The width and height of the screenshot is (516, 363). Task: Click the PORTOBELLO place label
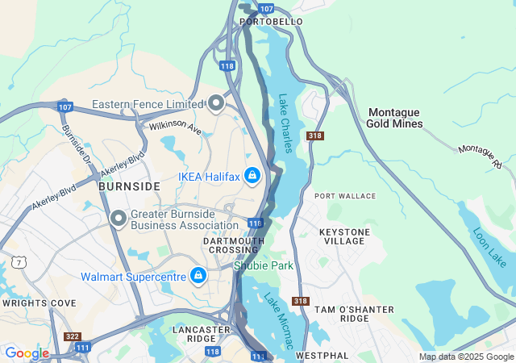point(271,21)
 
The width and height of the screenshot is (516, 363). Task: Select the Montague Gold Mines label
point(394,118)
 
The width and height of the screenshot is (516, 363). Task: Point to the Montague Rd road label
point(480,156)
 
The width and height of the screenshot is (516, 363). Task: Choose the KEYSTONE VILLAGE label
point(345,237)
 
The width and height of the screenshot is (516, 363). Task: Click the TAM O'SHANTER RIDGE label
point(354,315)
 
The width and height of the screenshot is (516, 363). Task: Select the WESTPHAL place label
point(322,355)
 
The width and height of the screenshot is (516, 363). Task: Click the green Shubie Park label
point(264,265)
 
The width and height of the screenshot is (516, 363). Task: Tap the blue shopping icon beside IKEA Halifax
point(252,175)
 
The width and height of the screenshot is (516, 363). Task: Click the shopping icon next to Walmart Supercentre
point(198,277)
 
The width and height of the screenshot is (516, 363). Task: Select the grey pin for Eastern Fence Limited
point(216,103)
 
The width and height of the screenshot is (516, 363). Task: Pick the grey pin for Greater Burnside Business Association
point(119,219)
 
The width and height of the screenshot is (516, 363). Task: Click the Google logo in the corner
point(27,353)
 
